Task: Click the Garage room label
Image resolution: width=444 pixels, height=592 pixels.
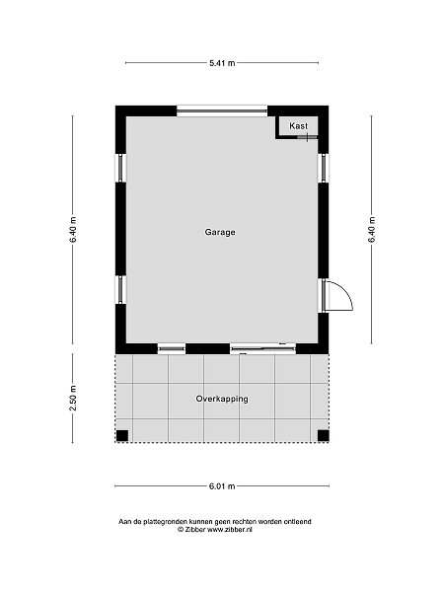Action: (220, 232)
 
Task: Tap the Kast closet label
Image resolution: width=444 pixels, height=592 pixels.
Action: (298, 125)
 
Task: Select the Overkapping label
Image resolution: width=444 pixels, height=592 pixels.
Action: (222, 399)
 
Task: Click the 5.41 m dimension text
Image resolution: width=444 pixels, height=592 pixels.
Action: (222, 63)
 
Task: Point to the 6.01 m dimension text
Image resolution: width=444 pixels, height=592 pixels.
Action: (222, 486)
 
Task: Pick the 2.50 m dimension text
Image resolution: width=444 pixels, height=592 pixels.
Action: (73, 399)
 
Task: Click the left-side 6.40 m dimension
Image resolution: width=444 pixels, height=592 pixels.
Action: (73, 230)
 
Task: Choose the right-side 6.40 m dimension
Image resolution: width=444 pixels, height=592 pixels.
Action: (372, 230)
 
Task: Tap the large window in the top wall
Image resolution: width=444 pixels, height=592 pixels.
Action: (222, 111)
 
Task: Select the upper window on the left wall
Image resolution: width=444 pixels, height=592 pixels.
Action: (120, 168)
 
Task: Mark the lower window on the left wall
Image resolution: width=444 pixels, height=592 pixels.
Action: (120, 289)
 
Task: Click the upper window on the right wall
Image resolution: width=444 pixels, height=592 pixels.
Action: (324, 168)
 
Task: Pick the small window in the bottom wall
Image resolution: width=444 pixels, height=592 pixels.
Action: (172, 348)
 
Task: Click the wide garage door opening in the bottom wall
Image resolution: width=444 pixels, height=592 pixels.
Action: (262, 348)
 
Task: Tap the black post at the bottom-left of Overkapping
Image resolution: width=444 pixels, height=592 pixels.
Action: (122, 436)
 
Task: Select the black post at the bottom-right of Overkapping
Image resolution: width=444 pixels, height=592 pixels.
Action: (324, 436)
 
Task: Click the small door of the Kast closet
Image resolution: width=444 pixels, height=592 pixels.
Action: (307, 137)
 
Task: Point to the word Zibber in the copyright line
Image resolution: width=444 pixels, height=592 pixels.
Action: (195, 529)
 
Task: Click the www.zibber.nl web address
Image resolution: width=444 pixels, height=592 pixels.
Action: (230, 529)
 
